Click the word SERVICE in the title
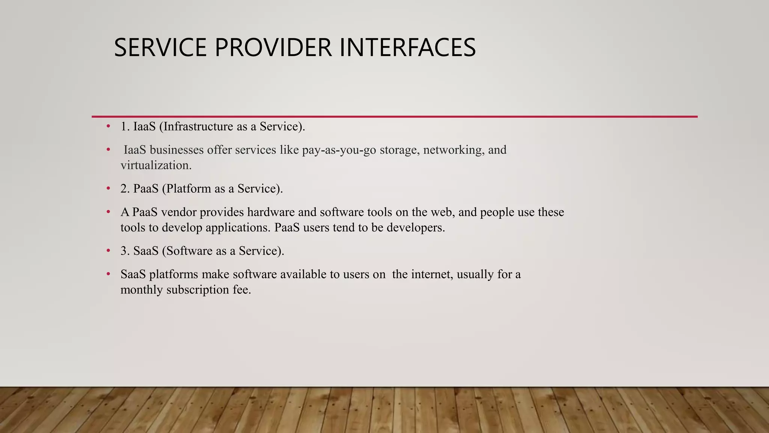point(160,48)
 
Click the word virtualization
point(156,165)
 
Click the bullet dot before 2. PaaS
point(108,188)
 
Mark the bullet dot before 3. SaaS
point(108,250)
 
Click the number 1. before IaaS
point(125,127)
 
